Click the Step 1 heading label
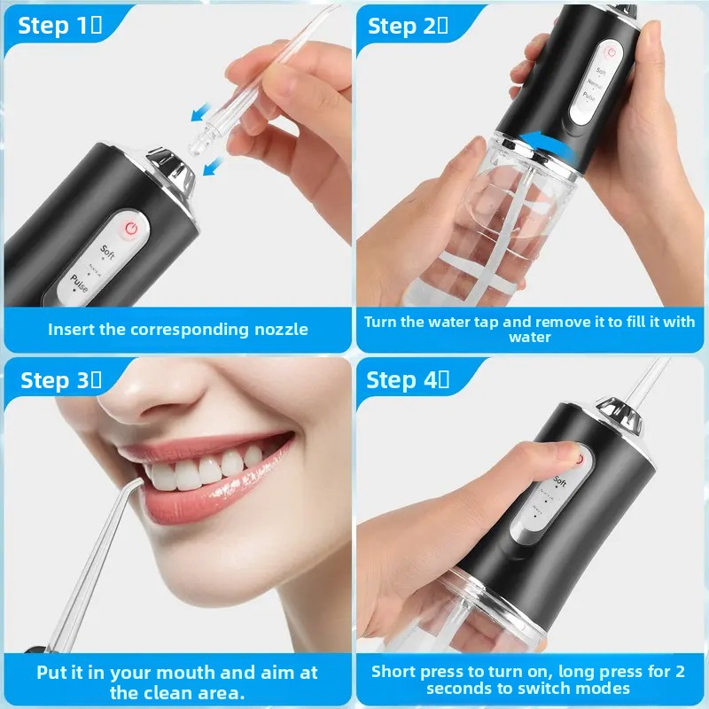point(59,26)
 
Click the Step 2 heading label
point(408,27)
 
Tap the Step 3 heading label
point(61,380)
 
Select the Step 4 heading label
point(408,380)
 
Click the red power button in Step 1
point(131,229)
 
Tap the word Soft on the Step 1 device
point(107,252)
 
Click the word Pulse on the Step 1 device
point(79,283)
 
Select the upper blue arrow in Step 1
point(201,113)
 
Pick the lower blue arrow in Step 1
point(213,166)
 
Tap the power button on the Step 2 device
point(612,52)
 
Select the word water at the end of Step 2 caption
point(529,338)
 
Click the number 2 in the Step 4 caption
point(680,672)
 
